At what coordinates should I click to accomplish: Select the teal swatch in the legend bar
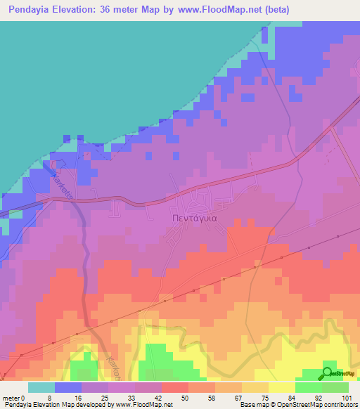[x=41, y=387]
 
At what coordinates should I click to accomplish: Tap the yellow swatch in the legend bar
[x=281, y=387]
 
